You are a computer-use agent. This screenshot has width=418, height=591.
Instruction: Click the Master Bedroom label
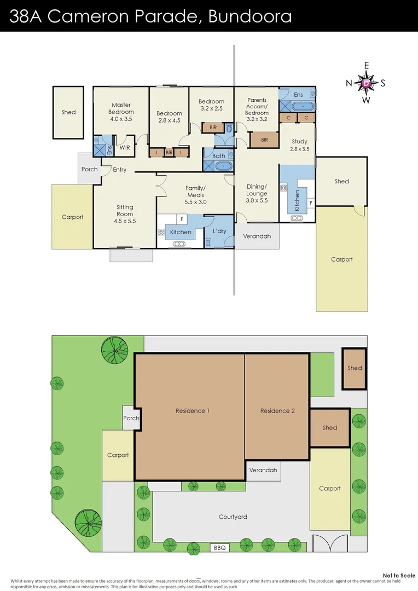tap(121, 112)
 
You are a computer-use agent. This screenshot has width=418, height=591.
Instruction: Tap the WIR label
tap(125, 148)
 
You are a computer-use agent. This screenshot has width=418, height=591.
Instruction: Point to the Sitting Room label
tap(125, 214)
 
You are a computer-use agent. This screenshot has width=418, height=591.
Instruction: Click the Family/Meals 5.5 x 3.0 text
tap(195, 195)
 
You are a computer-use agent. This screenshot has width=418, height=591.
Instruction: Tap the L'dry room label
tap(219, 231)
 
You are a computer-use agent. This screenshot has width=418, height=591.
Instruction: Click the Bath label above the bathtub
tap(218, 156)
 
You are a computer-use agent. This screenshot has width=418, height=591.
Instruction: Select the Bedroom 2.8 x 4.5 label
tap(169, 117)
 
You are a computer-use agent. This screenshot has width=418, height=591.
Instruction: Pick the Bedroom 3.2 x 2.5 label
tap(211, 105)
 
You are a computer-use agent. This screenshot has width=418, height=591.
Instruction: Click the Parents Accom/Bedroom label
tap(257, 107)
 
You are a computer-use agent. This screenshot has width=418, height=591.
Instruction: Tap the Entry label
tap(120, 170)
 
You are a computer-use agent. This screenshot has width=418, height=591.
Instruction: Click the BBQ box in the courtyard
tap(219, 548)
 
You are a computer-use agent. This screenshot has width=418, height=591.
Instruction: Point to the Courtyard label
tap(233, 517)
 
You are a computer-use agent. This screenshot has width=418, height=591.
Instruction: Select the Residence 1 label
tap(192, 411)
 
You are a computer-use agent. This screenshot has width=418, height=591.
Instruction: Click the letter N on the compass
tap(349, 84)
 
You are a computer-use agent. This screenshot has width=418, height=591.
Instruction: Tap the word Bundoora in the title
tap(250, 16)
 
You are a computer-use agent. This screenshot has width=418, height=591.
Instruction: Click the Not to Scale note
tap(399, 575)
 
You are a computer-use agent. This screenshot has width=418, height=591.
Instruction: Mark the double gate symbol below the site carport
tap(330, 544)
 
